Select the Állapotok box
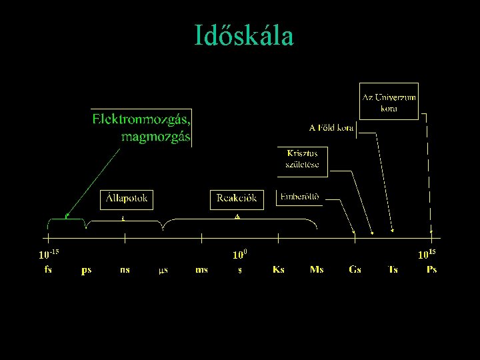pos(127,199)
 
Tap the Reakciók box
pos(237,199)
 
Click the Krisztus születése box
pos(302,161)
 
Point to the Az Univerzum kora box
pos(389,101)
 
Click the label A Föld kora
pos(331,127)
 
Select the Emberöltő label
pos(299,197)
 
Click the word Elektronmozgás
pos(141,120)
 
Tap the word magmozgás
pos(156,137)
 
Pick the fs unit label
pos(48,269)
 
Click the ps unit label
pos(87,270)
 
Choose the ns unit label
pos(125,269)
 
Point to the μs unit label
pos(163,270)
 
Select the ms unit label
pos(201,269)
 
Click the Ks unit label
pos(279,269)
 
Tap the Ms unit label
pos(317,269)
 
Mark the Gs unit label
pos(355,269)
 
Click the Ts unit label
pos(393,269)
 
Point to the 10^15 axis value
pos(427,254)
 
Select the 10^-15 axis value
pos(49,254)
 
